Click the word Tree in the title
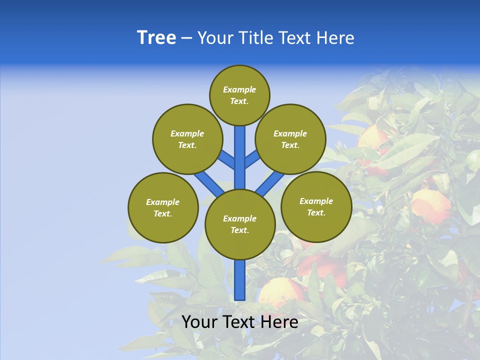coord(156,38)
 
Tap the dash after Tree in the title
coord(186,38)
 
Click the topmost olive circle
coord(239,95)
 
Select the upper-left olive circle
coord(187,139)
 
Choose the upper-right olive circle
coord(290,139)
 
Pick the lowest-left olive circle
coord(163,208)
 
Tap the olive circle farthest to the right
coord(316,207)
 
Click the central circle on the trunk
coord(240,224)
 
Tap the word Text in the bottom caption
coord(237,322)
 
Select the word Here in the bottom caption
coord(279,322)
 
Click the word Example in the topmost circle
coord(239,90)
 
